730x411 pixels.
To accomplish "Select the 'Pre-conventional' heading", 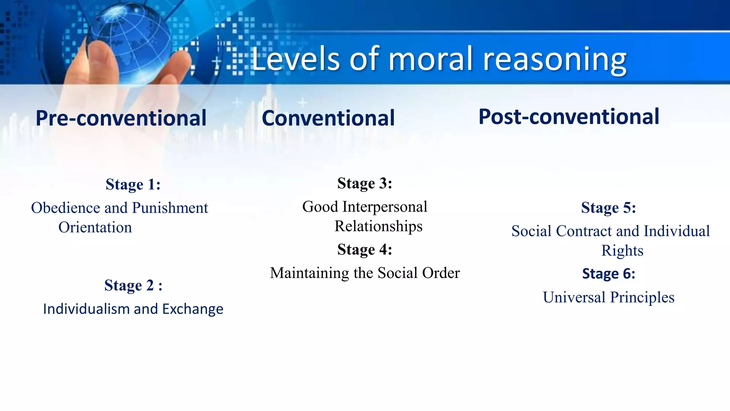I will [121, 118].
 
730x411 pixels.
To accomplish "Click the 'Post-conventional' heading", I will [569, 117].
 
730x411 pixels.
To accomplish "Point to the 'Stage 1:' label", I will [133, 184].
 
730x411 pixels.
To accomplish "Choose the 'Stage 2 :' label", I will [133, 285].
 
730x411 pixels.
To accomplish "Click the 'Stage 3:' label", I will [365, 183].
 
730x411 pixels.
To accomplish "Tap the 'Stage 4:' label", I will [365, 249].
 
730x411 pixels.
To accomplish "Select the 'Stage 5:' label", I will [608, 208].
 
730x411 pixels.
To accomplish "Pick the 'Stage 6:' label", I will [608, 274].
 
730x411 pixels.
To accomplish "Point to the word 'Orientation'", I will [95, 228].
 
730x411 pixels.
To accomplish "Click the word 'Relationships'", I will [378, 227].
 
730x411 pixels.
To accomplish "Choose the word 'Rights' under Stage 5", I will [622, 251].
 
